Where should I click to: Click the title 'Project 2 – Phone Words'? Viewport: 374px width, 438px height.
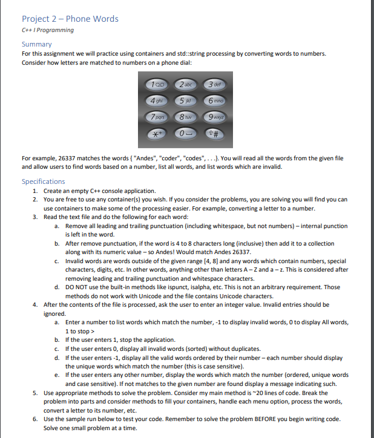[x=70, y=19]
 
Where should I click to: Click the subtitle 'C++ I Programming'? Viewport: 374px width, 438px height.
[x=48, y=30]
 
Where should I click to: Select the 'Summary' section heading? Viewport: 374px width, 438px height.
[x=37, y=44]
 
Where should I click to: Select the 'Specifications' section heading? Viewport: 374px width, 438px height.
[x=43, y=181]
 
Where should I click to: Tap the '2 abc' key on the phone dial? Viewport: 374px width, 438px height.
[x=186, y=86]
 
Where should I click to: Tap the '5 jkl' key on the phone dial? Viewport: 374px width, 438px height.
[x=186, y=102]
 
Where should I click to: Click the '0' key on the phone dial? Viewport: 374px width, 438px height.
[x=186, y=133]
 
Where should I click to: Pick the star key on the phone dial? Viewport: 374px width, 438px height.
[x=157, y=133]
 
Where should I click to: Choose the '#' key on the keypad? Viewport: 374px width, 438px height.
[x=216, y=133]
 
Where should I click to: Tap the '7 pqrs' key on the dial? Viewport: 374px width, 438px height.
[x=157, y=117]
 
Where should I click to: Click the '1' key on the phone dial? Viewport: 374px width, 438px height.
[x=157, y=86]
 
